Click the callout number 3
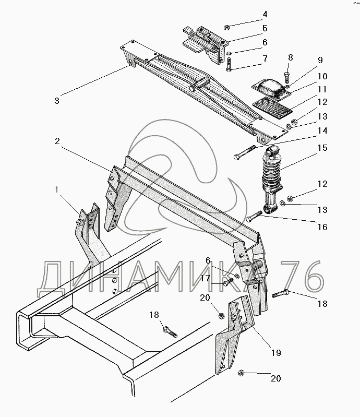pyautogui.click(x=57, y=101)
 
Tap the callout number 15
pyautogui.click(x=322, y=148)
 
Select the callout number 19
pyautogui.click(x=275, y=353)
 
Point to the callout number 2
pyautogui.click(x=57, y=141)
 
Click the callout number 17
pyautogui.click(x=205, y=279)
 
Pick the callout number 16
pyautogui.click(x=322, y=227)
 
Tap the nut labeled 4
pyautogui.click(x=227, y=27)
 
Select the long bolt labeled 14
pyautogui.click(x=244, y=152)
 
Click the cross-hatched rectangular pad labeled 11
pyautogui.click(x=272, y=105)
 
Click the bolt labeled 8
pyautogui.click(x=286, y=76)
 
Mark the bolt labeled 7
pyautogui.click(x=229, y=64)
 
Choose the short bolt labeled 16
pyautogui.click(x=255, y=216)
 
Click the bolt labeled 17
pyautogui.click(x=227, y=281)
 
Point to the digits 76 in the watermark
pyautogui.click(x=301, y=277)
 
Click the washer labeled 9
pyautogui.click(x=287, y=86)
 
